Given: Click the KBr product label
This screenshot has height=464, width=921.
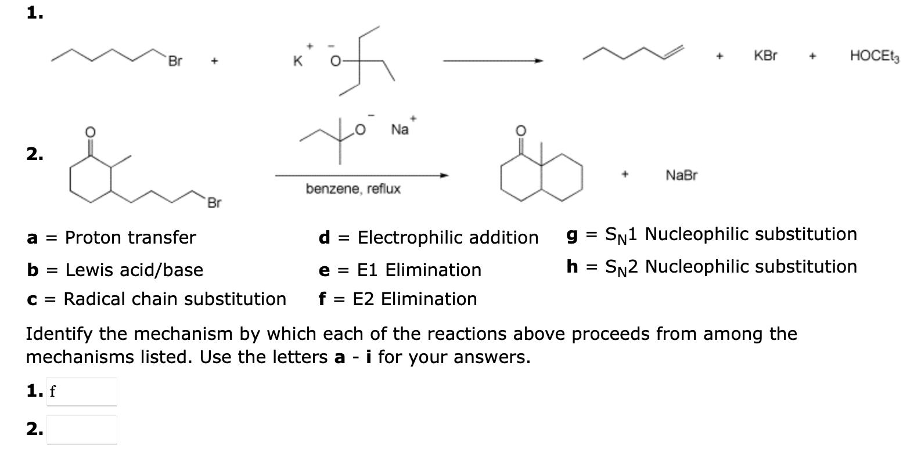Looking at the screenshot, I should pos(765,56).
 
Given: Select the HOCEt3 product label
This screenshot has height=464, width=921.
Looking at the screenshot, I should pos(874,56).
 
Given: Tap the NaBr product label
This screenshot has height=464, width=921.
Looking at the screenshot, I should pos(681,175).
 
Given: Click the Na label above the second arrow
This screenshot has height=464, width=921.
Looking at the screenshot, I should pos(400,129).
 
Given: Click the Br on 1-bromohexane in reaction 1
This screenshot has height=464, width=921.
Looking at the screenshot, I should pos(175,61).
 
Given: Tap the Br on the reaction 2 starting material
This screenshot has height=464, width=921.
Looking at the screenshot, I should pos(214,203).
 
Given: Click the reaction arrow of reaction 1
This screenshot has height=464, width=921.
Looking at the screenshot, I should pos(493,60).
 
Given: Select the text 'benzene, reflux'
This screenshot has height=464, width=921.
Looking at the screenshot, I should pos(353,189).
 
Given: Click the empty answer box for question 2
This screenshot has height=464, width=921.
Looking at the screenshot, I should pos(81,430).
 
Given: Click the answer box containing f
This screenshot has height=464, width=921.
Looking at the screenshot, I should pos(81,391).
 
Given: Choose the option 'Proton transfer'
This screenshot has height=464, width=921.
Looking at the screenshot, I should pos(130,237).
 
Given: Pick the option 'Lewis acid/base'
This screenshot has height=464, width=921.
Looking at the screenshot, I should pos(134,270).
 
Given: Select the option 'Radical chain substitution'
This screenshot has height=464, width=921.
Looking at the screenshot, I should pos(174,299).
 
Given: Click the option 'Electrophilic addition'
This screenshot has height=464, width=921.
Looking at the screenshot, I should pos(448,237).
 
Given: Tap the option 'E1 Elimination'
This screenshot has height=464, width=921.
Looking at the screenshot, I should pos(419,270).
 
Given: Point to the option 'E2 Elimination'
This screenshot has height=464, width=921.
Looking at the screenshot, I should pos(415,299).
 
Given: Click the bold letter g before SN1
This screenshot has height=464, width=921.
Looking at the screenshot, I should pos(572,235).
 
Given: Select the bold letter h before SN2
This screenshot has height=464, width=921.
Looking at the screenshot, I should pos(572,266).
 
